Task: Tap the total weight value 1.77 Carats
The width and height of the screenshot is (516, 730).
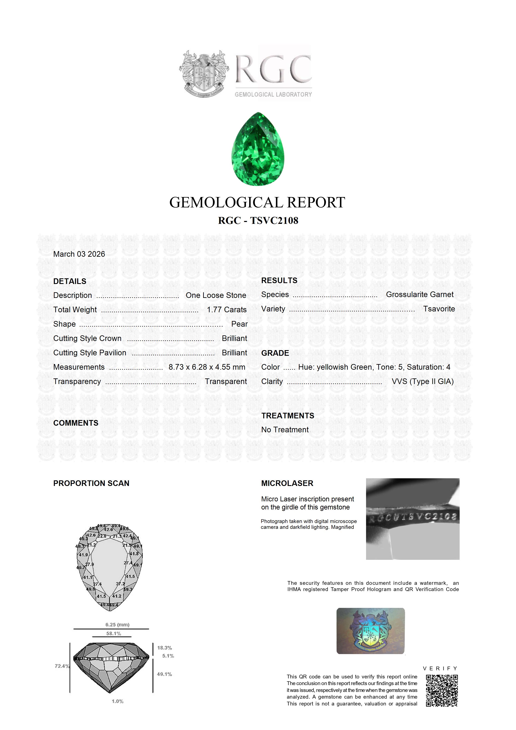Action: point(226,310)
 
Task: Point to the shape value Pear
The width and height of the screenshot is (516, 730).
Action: point(239,324)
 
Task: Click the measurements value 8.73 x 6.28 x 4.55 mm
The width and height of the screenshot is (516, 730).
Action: point(207,367)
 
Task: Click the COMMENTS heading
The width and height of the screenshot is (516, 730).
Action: point(76,423)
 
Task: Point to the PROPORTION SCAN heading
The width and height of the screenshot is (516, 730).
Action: point(91,483)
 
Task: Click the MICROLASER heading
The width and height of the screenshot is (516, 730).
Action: point(287,483)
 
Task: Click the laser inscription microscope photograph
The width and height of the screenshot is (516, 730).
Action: point(412,519)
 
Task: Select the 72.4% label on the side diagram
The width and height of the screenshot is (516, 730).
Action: point(62,666)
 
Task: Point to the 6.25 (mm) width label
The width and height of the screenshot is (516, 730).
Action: point(117,625)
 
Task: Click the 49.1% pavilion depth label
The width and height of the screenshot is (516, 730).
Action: point(164,674)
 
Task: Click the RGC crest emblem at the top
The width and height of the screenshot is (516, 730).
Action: point(204,74)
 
